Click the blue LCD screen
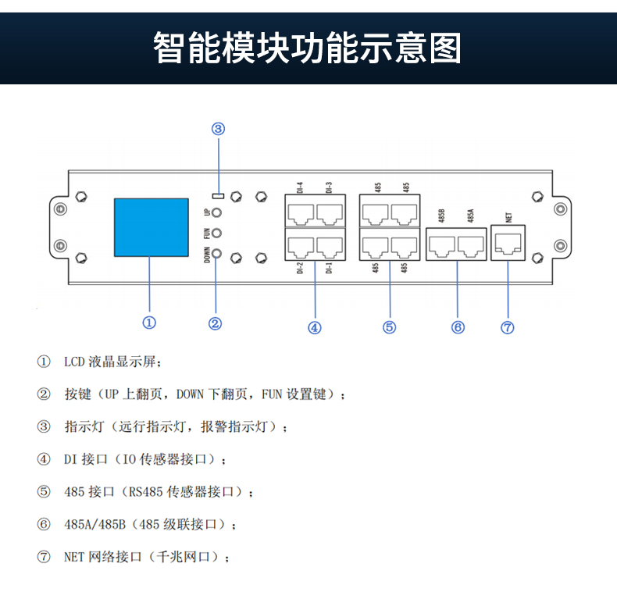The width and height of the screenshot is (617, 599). pos(151,228)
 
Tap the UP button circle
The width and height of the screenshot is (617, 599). pos(218,212)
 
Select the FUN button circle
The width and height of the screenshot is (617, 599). pos(218,233)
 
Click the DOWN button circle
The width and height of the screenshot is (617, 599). pos(218,253)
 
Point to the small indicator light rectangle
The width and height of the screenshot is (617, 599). pos(219,194)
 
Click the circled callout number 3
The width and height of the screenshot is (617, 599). pos(219,129)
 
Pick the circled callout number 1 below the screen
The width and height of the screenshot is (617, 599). pos(149,322)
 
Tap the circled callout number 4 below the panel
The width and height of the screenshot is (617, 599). pos(315,328)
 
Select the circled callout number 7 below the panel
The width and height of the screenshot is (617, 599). pos(508,328)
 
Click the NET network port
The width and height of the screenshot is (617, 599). pos(508,243)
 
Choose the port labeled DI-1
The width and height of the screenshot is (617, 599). pos(330,247)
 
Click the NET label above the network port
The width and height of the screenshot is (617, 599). pos(508,217)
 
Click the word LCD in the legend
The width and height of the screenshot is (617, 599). pos(74,362)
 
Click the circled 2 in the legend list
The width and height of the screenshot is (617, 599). pos(44,394)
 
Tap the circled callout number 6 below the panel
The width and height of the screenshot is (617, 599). pos(458,328)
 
